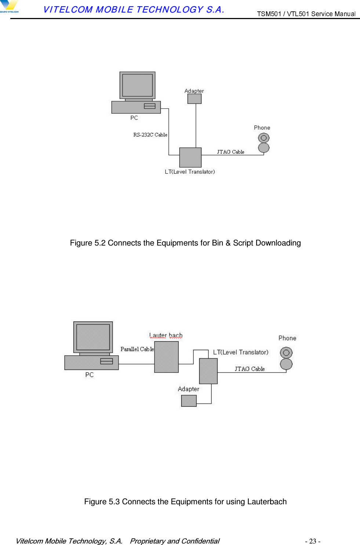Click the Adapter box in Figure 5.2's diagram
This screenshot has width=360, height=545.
click(194, 99)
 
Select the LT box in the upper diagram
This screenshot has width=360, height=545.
click(190, 157)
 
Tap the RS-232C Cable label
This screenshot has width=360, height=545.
click(150, 135)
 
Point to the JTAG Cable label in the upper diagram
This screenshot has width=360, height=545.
click(230, 152)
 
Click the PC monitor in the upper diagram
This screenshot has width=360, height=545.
click(137, 85)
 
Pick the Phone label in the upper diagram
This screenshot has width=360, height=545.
click(262, 128)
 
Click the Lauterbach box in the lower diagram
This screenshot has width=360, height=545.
click(166, 357)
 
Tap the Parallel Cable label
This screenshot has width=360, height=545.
click(137, 349)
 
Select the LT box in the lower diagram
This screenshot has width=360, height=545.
click(208, 371)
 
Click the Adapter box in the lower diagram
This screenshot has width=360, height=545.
click(189, 401)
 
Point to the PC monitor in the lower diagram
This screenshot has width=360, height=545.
click(93, 337)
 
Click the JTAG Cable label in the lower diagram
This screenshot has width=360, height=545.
click(250, 369)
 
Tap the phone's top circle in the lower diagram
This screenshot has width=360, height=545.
click(286, 353)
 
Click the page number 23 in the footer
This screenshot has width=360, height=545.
click(313, 541)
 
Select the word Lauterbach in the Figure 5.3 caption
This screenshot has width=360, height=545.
click(267, 502)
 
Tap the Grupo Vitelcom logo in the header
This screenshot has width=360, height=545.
click(9, 7)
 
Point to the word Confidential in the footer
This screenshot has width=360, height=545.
click(200, 541)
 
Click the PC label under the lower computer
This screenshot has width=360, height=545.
click(90, 375)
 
